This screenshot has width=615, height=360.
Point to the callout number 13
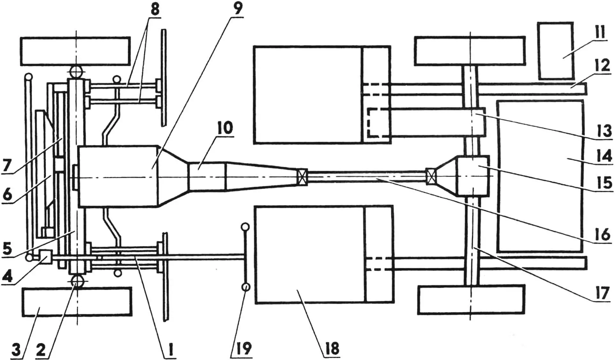(604, 131)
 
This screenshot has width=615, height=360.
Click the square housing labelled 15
(473, 176)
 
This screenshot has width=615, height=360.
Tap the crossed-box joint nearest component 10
(302, 177)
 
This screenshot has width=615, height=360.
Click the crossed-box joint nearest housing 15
(431, 177)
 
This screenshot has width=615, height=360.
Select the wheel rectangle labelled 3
(77, 301)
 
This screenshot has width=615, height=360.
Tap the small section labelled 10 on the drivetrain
(208, 177)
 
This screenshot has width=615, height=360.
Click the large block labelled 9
(119, 176)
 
